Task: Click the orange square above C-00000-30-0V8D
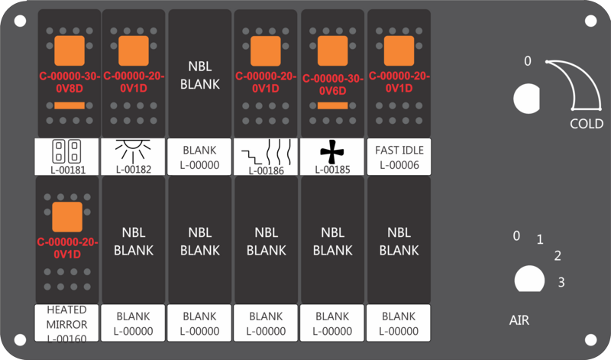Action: pos(70,50)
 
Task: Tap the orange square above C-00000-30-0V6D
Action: pos(332,50)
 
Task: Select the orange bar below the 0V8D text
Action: pos(70,105)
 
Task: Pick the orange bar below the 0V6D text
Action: pos(332,105)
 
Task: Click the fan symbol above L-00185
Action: pos(332,152)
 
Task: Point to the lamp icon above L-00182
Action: pos(133,151)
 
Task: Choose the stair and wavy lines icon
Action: pos(266,153)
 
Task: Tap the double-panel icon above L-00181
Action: pos(66,151)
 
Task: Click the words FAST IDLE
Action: pos(399,150)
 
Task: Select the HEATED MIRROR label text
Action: pos(66,317)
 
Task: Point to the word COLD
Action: pos(587,124)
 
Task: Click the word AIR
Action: pos(519,320)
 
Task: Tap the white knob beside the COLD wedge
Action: pos(526,99)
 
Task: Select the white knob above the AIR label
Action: pos(529,279)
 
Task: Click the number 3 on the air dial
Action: pos(561,282)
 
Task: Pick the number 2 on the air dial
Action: pos(558,256)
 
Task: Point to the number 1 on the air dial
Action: pos(540,239)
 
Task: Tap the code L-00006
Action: pos(399,165)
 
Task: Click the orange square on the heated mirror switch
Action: pos(67,217)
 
